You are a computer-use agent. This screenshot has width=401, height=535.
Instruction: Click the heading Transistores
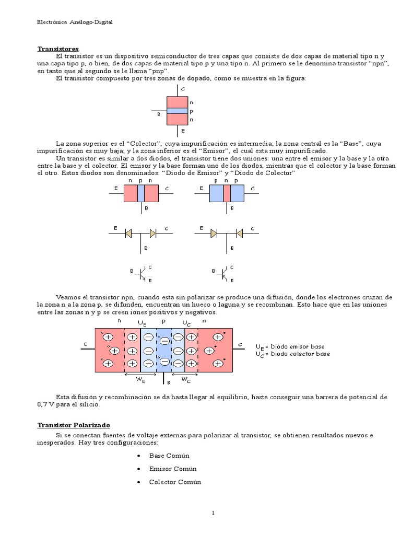pyautogui.click(x=57, y=49)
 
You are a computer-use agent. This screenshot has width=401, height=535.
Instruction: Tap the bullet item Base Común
pyautogui.click(x=169, y=456)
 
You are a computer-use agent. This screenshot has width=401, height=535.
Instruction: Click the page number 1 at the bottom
pyautogui.click(x=213, y=513)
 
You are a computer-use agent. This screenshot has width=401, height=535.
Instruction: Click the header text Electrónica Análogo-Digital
pyautogui.click(x=75, y=22)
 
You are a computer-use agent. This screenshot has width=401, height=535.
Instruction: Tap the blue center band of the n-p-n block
pyautogui.click(x=140, y=193)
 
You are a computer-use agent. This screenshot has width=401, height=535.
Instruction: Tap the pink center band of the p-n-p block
pyautogui.click(x=227, y=193)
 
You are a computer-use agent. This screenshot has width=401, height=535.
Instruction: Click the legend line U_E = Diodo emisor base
pyautogui.click(x=292, y=346)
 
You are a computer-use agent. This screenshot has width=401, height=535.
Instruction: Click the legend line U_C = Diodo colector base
pyautogui.click(x=292, y=354)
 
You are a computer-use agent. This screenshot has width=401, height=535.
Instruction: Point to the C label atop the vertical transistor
pyautogui.click(x=183, y=89)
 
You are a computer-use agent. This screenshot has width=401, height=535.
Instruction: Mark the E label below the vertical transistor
pyautogui.click(x=183, y=131)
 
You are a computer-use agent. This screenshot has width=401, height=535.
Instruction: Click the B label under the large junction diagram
pyautogui.click(x=168, y=382)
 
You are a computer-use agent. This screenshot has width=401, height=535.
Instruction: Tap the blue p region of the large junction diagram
pyautogui.click(x=164, y=350)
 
